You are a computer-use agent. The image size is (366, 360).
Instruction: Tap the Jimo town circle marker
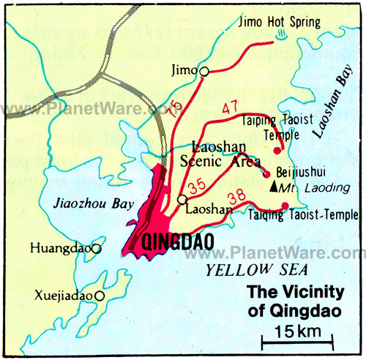pos(204,71)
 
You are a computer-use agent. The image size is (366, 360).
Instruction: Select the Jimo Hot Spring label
pos(280,23)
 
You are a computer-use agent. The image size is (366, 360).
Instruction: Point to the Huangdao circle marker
pos(96,249)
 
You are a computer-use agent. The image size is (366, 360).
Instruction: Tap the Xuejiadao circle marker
pos(100,296)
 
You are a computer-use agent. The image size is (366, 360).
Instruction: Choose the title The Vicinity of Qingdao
pos(294,301)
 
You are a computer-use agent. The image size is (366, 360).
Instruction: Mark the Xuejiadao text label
pos(64,296)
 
